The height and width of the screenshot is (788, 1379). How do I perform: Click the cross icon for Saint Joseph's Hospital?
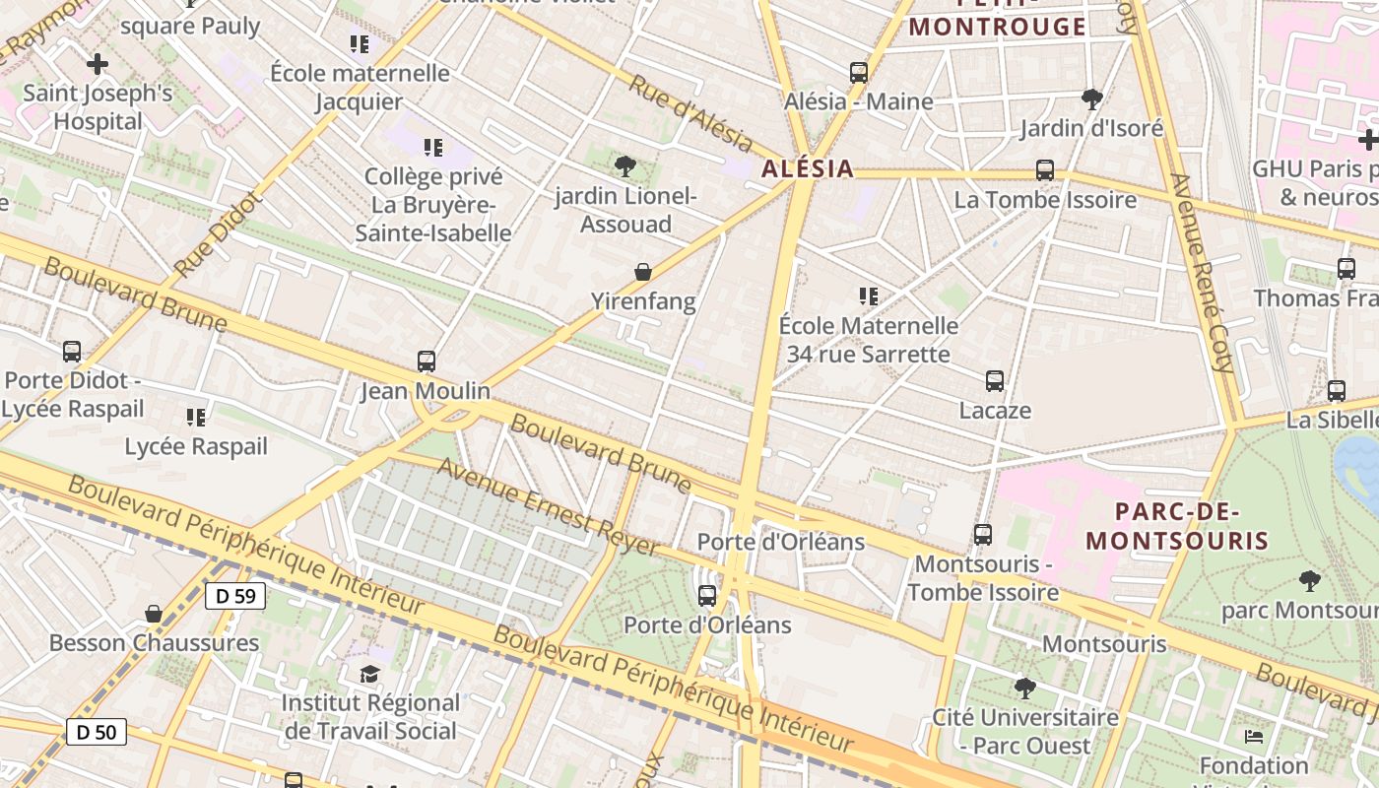[x=98, y=65]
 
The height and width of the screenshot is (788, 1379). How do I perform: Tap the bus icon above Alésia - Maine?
[x=859, y=72]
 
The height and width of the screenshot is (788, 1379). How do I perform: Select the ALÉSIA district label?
[x=807, y=168]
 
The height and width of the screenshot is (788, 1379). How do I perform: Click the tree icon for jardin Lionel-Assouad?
[x=624, y=165]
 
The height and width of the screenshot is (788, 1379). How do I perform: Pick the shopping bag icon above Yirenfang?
[x=643, y=271]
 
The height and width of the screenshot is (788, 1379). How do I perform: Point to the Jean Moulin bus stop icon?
[x=426, y=361]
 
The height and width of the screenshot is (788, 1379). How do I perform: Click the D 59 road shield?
[x=235, y=595]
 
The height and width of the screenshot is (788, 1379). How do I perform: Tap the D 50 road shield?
[x=97, y=732]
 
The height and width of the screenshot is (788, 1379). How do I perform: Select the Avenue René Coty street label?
[x=1201, y=273]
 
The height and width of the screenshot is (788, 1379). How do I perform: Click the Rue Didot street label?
[x=218, y=234]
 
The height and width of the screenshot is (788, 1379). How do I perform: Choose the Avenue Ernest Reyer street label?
[x=548, y=506]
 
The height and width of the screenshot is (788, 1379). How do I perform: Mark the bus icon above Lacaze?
[x=995, y=380]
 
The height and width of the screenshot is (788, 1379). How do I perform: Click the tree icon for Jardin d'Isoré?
[x=1091, y=98]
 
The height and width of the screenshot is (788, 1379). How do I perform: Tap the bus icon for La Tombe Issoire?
[x=1045, y=170]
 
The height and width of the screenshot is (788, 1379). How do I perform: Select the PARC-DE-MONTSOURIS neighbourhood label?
[x=1177, y=526]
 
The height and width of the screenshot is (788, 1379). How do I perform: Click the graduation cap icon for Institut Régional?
[x=369, y=674]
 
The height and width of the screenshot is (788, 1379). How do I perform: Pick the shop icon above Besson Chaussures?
[x=154, y=614]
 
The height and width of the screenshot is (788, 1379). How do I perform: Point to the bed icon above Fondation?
[x=1254, y=736]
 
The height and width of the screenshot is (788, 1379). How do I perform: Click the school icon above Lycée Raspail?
[x=196, y=418]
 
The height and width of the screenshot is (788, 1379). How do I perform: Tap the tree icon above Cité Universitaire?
[x=1025, y=688]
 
